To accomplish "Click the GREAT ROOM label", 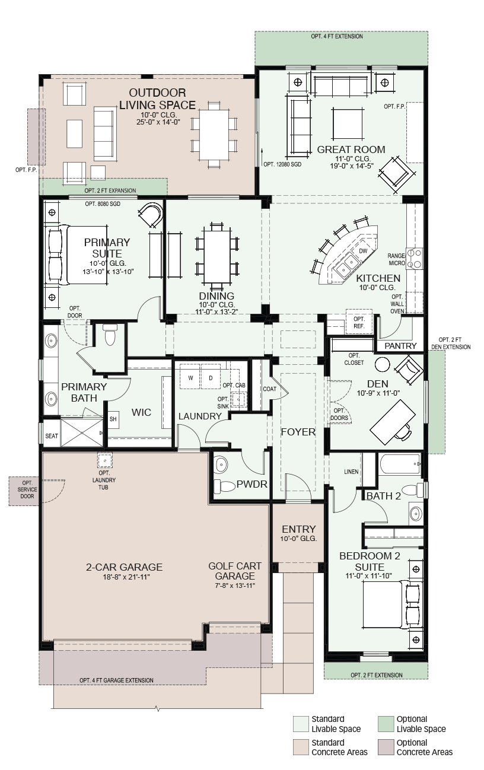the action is click(x=351, y=149).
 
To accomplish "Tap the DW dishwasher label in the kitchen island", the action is click(x=363, y=251).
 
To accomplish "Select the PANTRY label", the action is click(x=400, y=346).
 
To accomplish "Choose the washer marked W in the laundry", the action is click(x=190, y=378).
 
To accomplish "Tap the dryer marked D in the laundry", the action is click(x=211, y=378).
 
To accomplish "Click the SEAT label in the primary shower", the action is click(x=52, y=436).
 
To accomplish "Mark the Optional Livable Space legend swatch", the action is click(x=386, y=723).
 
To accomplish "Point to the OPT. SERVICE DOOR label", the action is click(x=27, y=489).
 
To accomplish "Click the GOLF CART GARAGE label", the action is click(x=235, y=571).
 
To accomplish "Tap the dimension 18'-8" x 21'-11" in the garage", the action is click(x=126, y=577).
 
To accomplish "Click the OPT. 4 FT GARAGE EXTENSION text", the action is click(x=116, y=680).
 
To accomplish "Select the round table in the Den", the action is click(x=382, y=363).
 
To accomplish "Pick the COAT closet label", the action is click(x=269, y=389).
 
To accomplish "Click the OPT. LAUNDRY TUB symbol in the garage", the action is click(x=104, y=460).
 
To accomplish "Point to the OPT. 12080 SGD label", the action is click(x=282, y=165).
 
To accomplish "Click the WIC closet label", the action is click(x=141, y=412).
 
